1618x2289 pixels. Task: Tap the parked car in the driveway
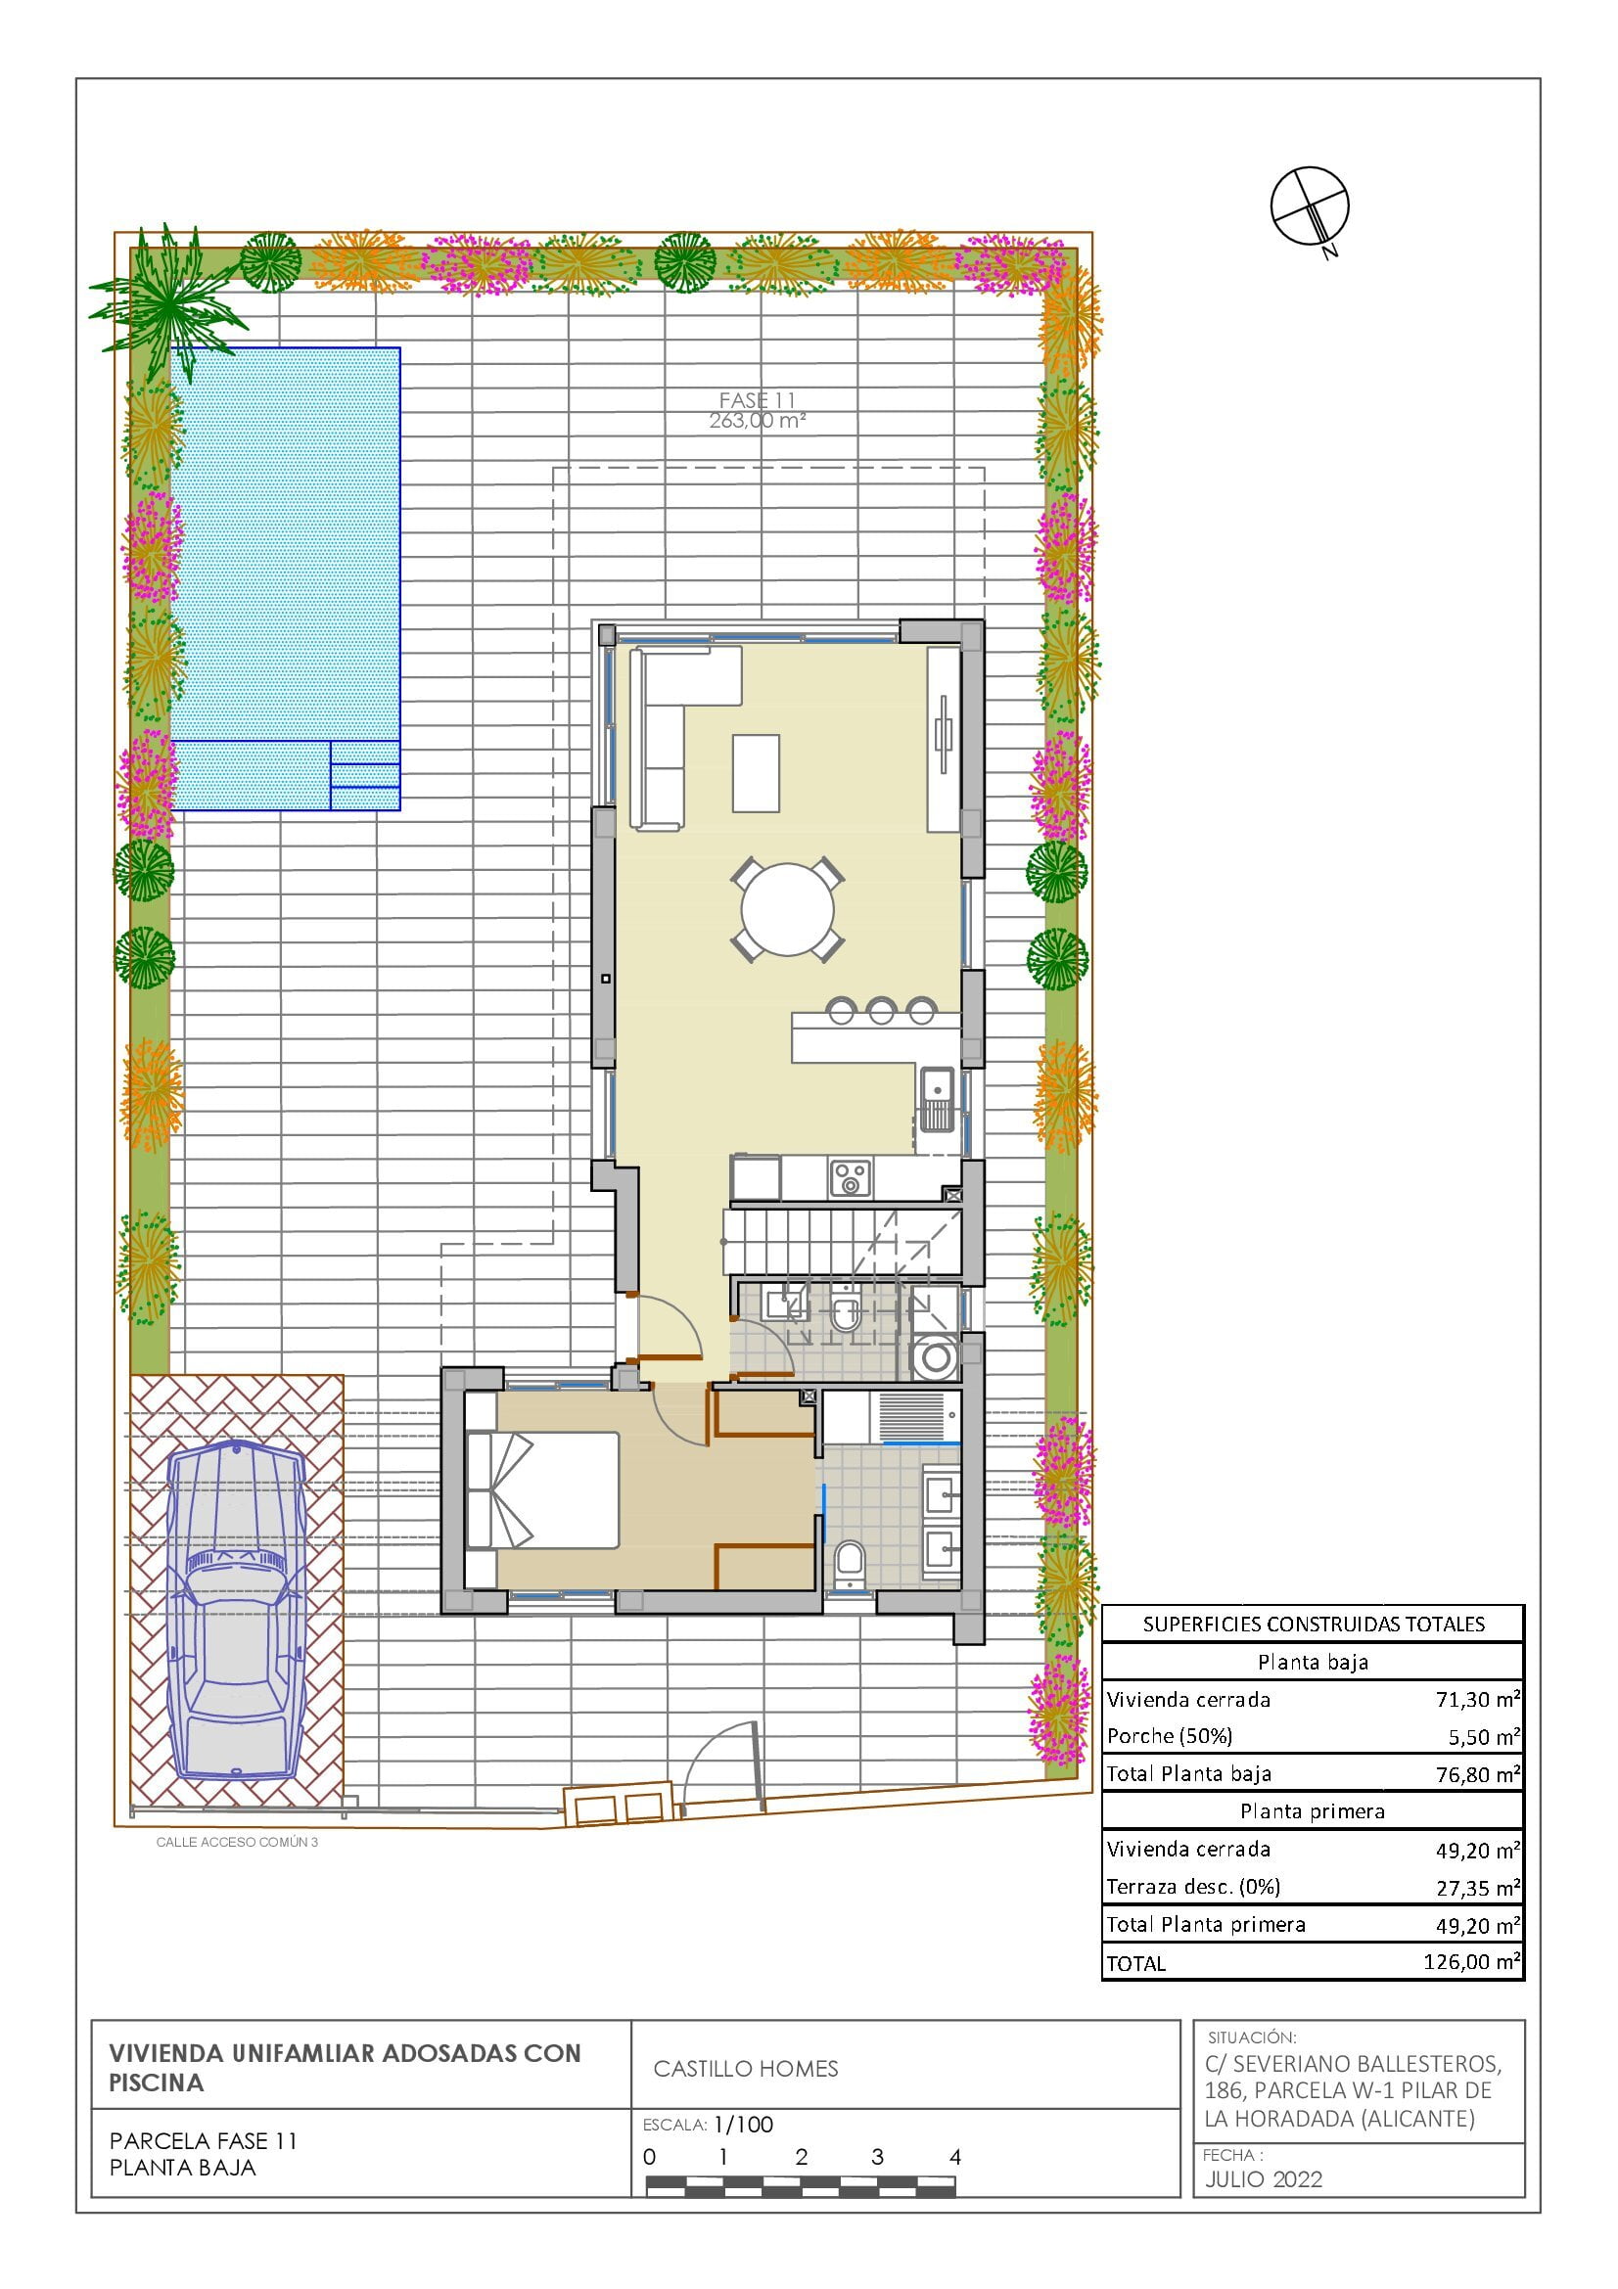pos(236,1611)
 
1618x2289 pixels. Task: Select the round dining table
pos(788,909)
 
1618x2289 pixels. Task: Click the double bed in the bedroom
pos(542,1490)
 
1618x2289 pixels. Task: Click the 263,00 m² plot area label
pos(757,421)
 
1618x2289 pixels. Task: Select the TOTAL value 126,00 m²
pos(1471,1962)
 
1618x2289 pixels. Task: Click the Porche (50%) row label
pos(1170,1737)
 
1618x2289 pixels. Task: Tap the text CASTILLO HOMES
pos(746,2069)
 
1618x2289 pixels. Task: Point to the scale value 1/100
pos(744,2125)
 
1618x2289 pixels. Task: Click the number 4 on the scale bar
pos(955,2158)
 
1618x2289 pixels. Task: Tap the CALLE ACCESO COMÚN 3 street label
pos(237,1842)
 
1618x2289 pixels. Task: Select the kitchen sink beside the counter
pos(936,1099)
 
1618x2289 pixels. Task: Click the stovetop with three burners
pos(850,1177)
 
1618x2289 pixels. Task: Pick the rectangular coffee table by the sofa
pos(756,773)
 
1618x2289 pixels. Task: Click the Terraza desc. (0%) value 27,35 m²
pos(1477,1887)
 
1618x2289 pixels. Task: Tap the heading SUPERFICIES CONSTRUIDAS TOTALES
pos(1314,1625)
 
